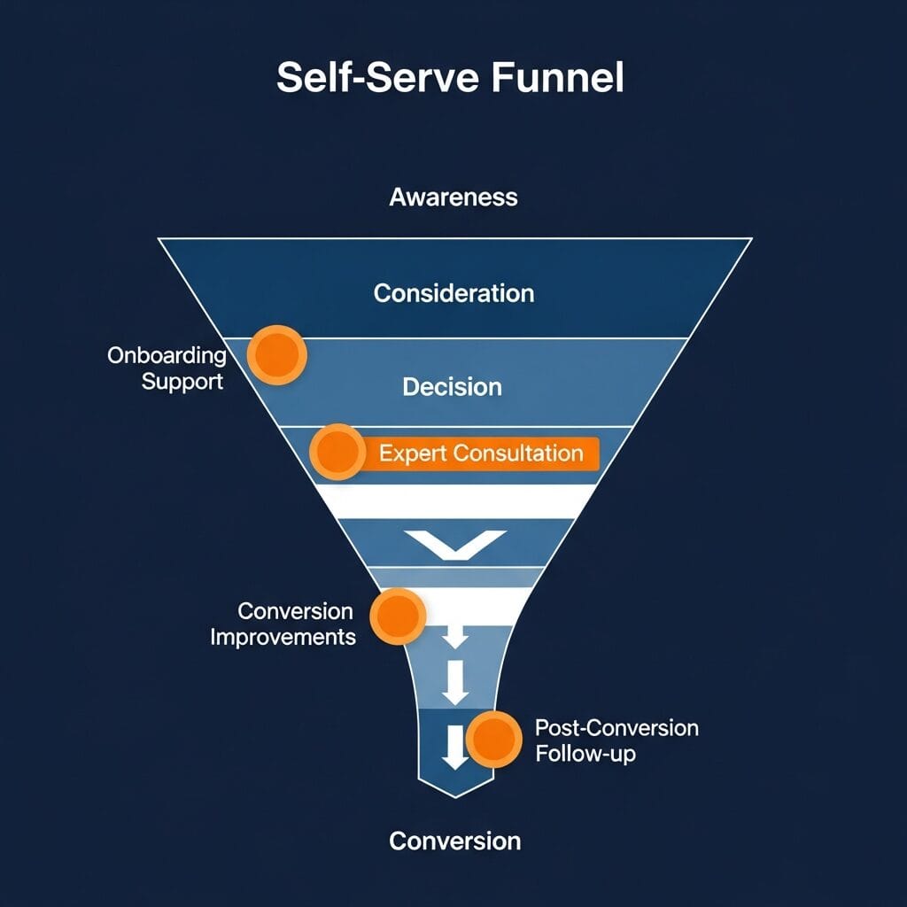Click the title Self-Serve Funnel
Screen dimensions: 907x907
click(450, 78)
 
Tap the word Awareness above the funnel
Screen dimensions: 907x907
click(453, 197)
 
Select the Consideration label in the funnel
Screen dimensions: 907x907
click(453, 293)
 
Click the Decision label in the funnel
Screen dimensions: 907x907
click(452, 387)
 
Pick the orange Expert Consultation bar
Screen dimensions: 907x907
click(481, 454)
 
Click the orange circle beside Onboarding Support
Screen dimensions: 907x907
click(276, 355)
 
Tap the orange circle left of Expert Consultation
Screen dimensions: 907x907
click(337, 453)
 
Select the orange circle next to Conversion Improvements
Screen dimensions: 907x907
click(398, 616)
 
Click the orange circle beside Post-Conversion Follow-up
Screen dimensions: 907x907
click(493, 739)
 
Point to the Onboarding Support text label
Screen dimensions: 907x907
click(167, 369)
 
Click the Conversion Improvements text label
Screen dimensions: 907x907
click(283, 624)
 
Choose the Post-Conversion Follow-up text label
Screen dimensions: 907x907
click(616, 741)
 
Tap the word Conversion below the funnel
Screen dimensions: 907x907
click(454, 841)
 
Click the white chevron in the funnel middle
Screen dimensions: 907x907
click(454, 542)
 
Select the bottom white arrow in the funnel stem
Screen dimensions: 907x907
click(455, 746)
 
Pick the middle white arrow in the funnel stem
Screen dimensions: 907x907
click(455, 683)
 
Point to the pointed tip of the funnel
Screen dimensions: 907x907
click(455, 795)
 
